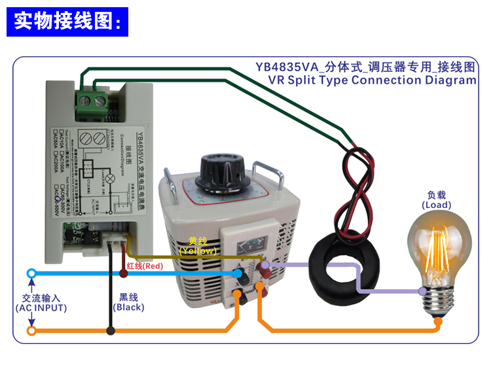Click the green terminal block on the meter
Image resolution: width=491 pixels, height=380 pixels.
coord(92,101)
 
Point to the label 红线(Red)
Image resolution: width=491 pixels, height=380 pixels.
coord(145,266)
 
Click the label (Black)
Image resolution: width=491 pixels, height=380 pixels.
coord(128,307)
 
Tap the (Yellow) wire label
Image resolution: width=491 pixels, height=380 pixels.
coord(197,250)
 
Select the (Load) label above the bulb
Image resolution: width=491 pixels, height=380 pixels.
coord(436,205)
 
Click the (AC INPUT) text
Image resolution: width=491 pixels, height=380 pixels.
coord(41,307)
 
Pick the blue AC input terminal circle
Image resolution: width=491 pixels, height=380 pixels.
coord(31,273)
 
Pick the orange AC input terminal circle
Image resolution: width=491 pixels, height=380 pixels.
coord(31,331)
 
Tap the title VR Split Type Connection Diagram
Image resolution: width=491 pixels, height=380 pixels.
coord(372,80)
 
